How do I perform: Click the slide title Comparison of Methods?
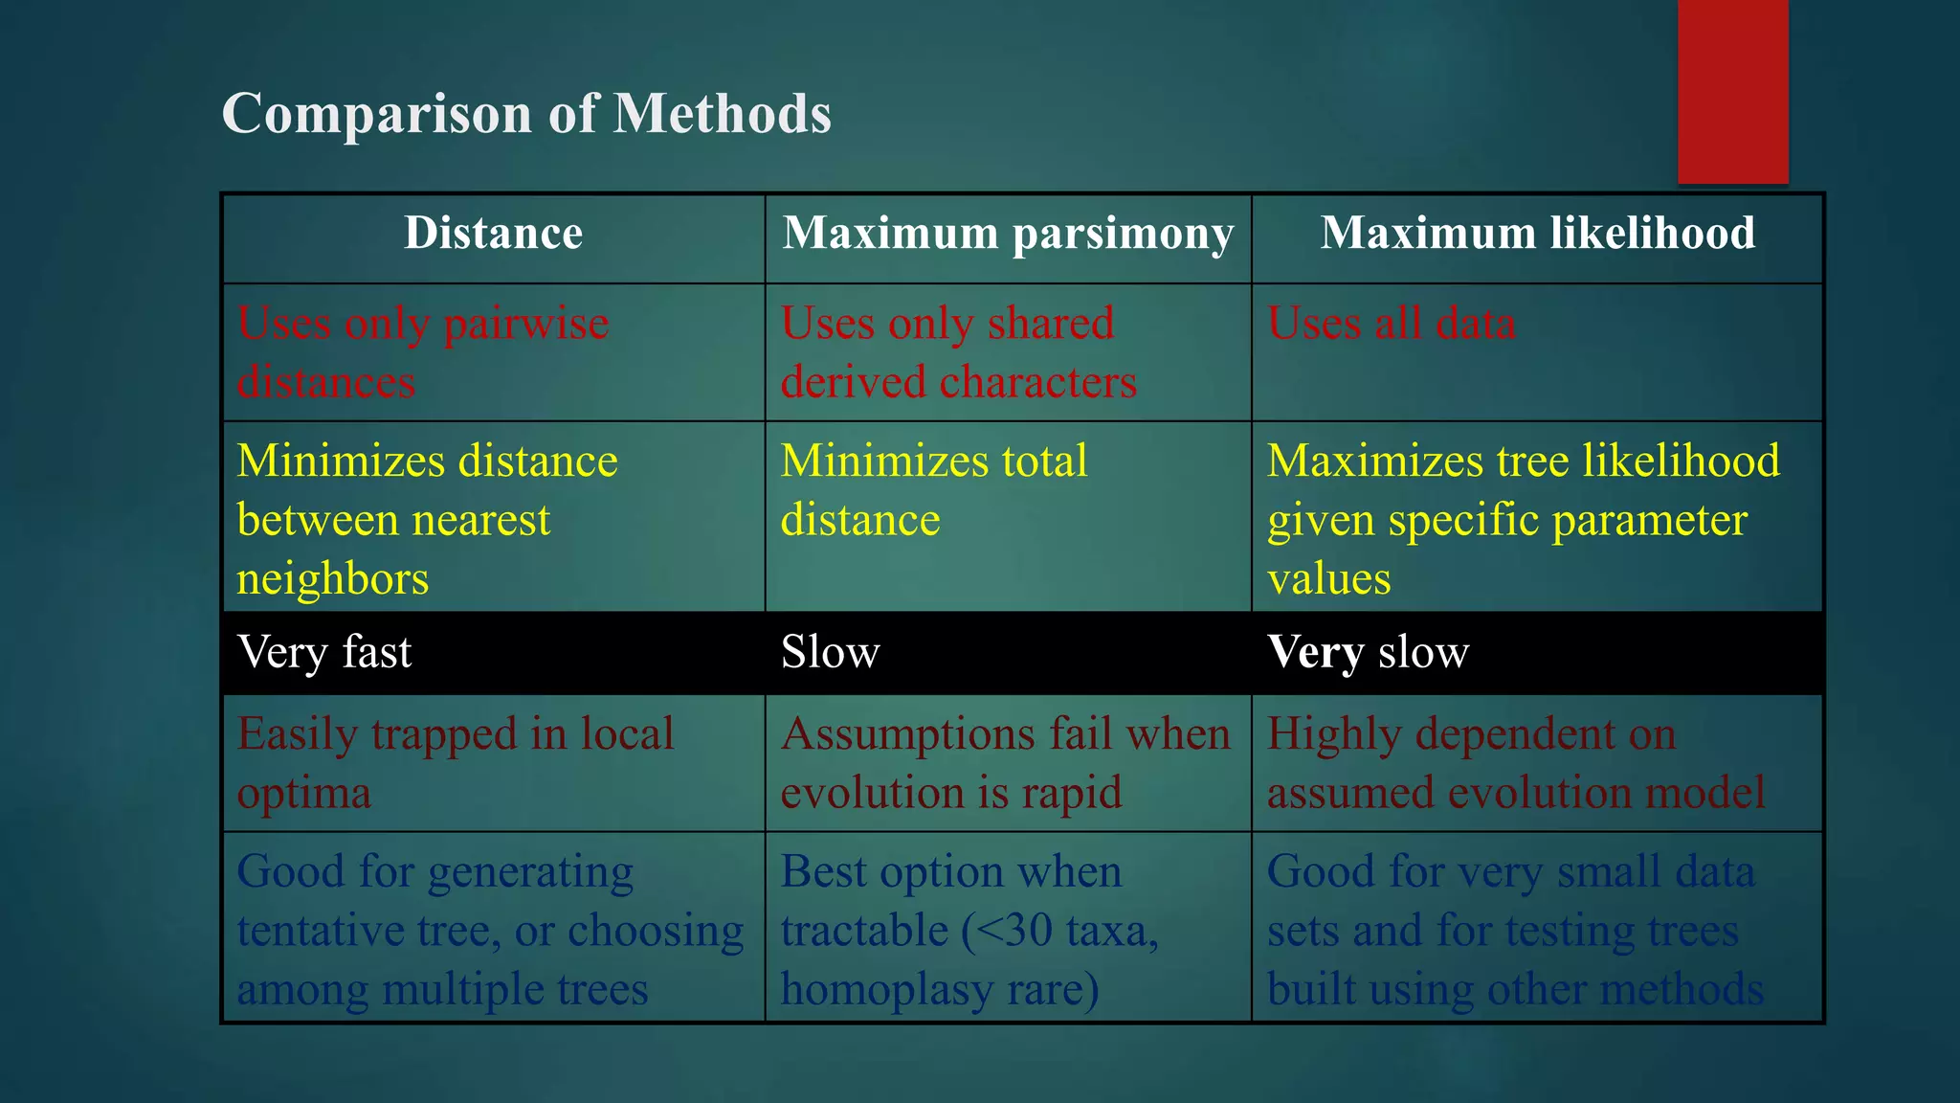point(525,113)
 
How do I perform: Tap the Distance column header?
point(493,233)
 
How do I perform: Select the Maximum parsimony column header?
point(1008,233)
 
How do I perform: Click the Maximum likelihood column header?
point(1537,233)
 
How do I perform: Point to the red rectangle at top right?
point(1732,91)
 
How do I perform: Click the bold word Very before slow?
point(1315,653)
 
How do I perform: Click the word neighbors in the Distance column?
point(332,579)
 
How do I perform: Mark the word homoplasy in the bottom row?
point(886,990)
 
